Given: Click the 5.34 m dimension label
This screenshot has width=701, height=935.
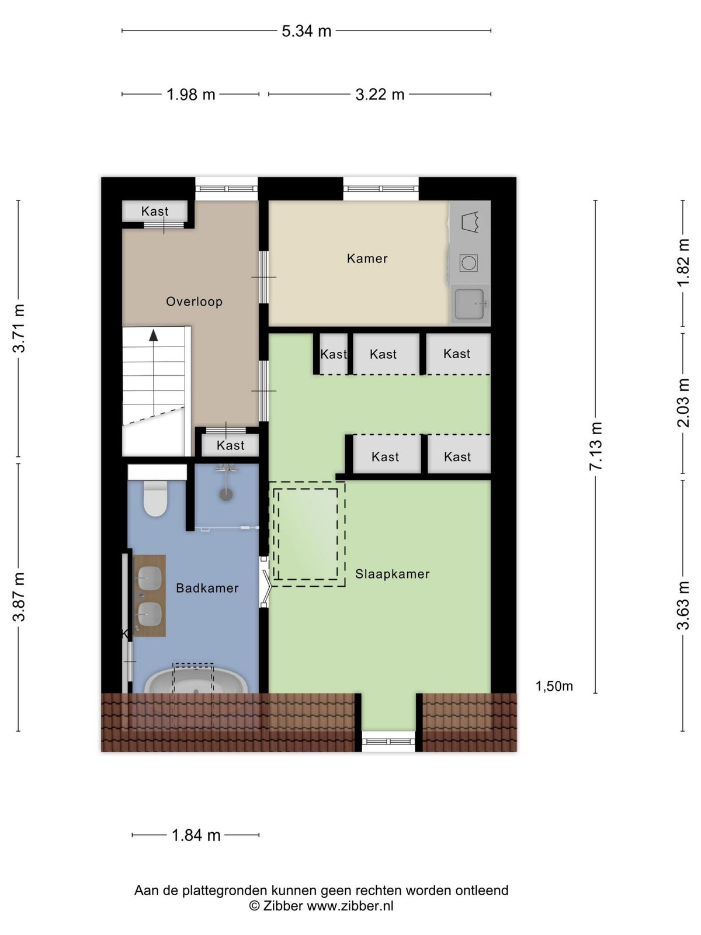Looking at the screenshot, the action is pyautogui.click(x=306, y=31).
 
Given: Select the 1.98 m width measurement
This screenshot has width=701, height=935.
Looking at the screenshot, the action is pyautogui.click(x=190, y=95).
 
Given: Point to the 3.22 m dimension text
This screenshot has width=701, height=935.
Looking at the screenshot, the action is pyautogui.click(x=379, y=95).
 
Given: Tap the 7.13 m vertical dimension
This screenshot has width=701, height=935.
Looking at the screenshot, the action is pyautogui.click(x=595, y=446).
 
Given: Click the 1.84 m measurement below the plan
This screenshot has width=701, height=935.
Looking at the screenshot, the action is pyautogui.click(x=196, y=835).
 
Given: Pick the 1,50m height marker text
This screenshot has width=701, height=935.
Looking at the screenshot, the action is pyautogui.click(x=554, y=686).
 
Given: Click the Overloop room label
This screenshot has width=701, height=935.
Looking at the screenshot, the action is pyautogui.click(x=194, y=302).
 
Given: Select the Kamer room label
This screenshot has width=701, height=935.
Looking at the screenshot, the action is pyautogui.click(x=367, y=258).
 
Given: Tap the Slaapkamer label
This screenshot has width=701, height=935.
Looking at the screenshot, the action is pyautogui.click(x=392, y=574).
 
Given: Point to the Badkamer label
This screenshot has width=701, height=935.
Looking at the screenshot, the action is pyautogui.click(x=207, y=588).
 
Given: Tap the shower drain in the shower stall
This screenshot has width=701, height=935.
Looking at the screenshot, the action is pyautogui.click(x=226, y=494).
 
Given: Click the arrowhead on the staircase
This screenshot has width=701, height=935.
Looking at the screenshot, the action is pyautogui.click(x=153, y=335).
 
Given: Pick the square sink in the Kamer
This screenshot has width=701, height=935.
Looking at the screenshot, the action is pyautogui.click(x=469, y=304).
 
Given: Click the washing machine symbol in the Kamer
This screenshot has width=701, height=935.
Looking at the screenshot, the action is pyautogui.click(x=469, y=263).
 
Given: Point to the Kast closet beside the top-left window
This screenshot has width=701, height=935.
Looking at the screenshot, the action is pyautogui.click(x=154, y=211).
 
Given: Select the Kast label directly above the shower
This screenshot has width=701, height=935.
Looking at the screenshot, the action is pyautogui.click(x=230, y=445).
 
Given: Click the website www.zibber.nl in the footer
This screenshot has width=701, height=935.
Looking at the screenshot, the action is pyautogui.click(x=350, y=906).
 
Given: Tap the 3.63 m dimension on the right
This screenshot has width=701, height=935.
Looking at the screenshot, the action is pyautogui.click(x=683, y=605).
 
